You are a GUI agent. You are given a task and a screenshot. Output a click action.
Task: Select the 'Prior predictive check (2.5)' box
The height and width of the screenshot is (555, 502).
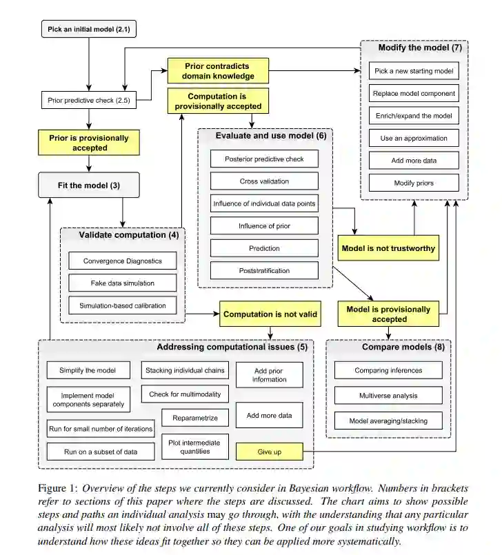(x=88, y=101)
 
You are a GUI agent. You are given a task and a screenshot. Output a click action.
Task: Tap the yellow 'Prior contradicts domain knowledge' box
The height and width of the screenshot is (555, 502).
(x=218, y=70)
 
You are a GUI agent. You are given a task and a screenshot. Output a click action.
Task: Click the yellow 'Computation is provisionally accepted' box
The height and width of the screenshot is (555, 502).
(x=218, y=101)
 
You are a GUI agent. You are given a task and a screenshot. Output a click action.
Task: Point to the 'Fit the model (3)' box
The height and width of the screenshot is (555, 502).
(x=88, y=185)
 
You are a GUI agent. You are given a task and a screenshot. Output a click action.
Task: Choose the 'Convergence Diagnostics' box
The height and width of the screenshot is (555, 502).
(x=123, y=261)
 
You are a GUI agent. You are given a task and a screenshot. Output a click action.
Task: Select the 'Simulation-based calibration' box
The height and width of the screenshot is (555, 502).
(x=123, y=305)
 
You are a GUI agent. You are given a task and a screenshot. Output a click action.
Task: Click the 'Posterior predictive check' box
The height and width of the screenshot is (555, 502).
(x=264, y=159)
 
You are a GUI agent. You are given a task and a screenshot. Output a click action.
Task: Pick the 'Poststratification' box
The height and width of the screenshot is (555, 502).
(x=264, y=270)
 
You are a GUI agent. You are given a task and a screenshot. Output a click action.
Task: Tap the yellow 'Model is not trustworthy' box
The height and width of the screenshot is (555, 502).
(x=389, y=248)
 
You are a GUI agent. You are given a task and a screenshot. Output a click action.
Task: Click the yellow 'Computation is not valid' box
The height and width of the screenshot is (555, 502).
(x=270, y=314)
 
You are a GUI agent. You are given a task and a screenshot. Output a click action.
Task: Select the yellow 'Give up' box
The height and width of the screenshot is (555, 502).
(x=269, y=452)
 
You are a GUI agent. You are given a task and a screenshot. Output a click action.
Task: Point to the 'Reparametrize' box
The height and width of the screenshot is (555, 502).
(x=195, y=418)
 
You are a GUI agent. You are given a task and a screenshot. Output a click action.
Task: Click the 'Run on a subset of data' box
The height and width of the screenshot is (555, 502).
(x=101, y=452)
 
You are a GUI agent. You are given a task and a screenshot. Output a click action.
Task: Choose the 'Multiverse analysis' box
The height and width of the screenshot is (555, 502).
(x=388, y=396)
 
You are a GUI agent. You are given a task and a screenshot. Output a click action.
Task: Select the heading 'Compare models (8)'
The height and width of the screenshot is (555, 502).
(x=403, y=347)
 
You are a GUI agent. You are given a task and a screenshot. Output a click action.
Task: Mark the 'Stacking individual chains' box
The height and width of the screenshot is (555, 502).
(x=185, y=370)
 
